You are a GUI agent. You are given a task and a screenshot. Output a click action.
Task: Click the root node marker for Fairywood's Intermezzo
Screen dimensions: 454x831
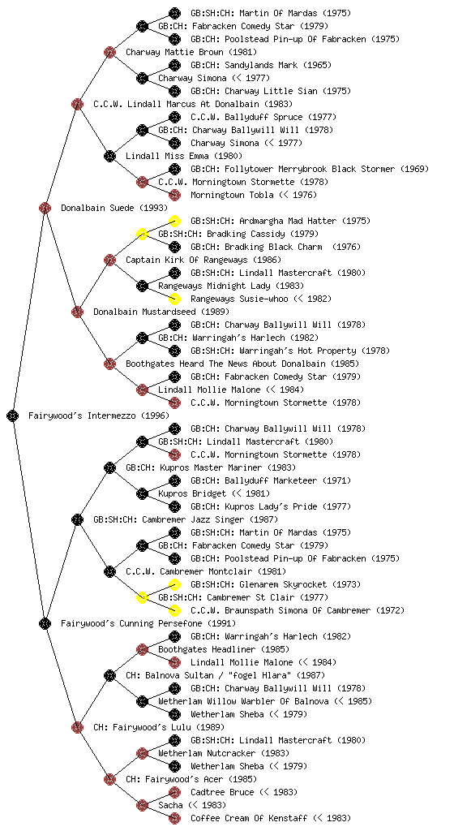click(x=13, y=415)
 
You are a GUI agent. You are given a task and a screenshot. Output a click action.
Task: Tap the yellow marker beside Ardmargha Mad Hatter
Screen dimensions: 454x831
click(x=174, y=221)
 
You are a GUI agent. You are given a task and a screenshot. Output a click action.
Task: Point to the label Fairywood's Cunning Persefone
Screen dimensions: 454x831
click(x=148, y=623)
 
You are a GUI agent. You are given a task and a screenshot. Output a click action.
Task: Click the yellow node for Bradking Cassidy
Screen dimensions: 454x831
click(x=142, y=234)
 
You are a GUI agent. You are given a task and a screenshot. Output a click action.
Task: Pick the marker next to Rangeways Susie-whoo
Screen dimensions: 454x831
click(x=174, y=299)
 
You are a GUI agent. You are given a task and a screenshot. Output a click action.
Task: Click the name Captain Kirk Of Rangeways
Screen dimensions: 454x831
click(x=186, y=260)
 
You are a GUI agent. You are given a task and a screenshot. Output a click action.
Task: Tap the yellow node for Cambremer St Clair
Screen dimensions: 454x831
click(x=142, y=597)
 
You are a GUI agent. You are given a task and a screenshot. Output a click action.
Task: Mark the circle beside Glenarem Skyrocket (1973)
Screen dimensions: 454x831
click(x=174, y=584)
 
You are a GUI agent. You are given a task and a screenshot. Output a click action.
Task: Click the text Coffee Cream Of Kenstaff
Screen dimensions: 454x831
click(x=249, y=818)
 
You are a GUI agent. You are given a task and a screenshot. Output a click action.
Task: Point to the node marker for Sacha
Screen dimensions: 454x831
click(x=142, y=805)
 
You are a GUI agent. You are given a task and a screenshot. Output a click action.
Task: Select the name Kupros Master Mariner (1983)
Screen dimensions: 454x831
click(x=211, y=467)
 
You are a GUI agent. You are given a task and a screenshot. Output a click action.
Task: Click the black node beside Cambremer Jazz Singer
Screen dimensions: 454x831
click(x=77, y=519)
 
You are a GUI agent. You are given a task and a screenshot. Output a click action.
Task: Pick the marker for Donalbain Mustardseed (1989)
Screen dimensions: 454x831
click(x=77, y=312)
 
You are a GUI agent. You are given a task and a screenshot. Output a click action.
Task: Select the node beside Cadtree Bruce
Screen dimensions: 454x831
click(x=174, y=792)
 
